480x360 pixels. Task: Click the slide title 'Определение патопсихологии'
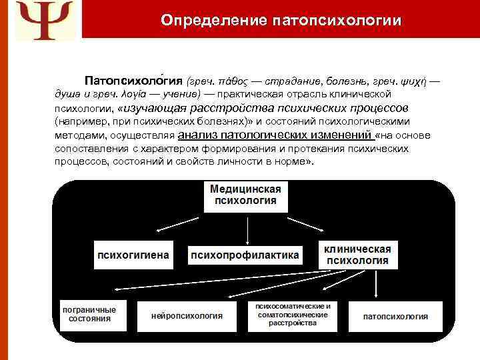(281, 20)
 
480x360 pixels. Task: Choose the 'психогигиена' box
(133, 255)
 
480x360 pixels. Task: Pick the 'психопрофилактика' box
(245, 255)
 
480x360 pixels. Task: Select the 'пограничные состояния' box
(89, 314)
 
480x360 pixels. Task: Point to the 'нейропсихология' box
(187, 315)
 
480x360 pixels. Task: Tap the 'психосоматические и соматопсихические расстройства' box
(293, 314)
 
